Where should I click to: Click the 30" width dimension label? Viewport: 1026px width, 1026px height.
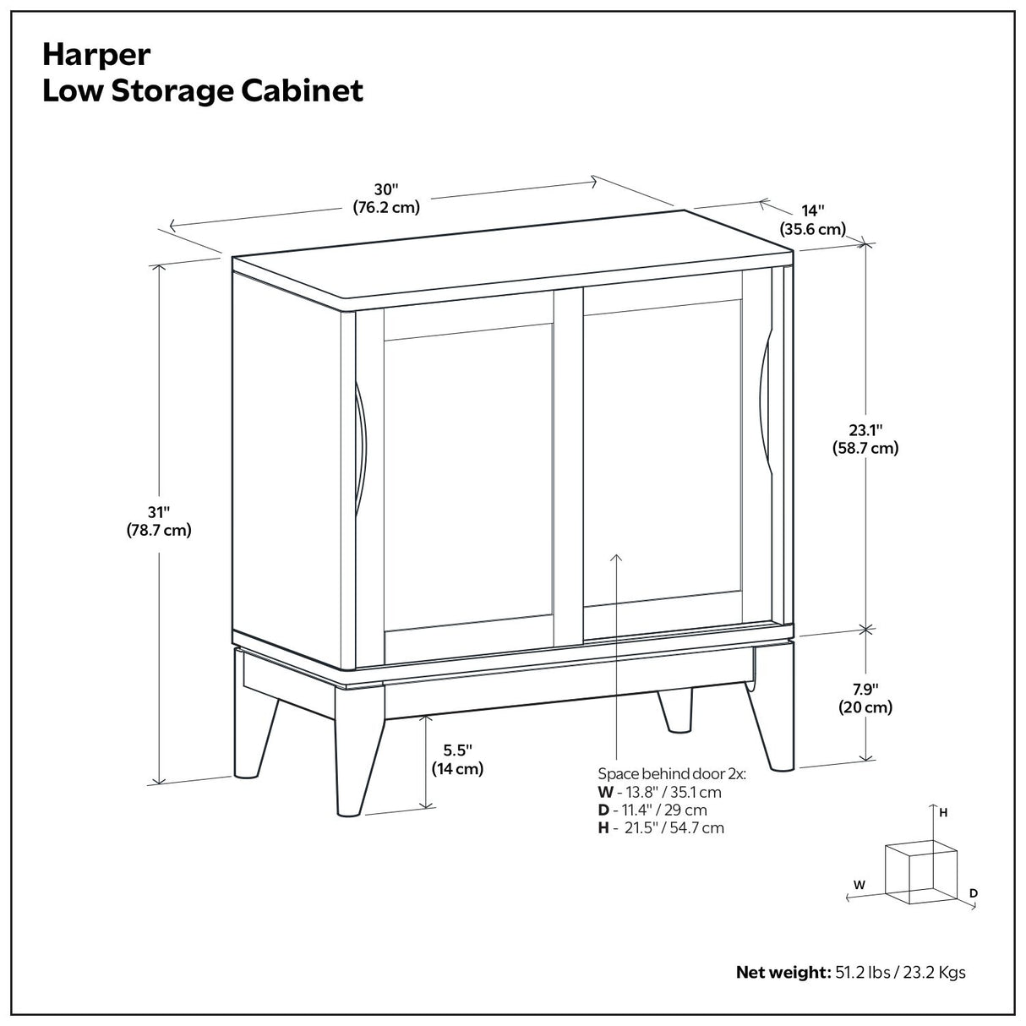tap(385, 199)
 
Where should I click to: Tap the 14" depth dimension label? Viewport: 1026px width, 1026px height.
tap(812, 220)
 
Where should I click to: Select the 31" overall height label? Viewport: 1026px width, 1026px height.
tap(159, 521)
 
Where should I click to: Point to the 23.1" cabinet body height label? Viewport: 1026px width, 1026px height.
tap(865, 439)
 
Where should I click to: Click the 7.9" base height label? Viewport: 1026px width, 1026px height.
tap(865, 699)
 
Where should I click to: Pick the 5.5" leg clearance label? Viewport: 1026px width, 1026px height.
tap(457, 759)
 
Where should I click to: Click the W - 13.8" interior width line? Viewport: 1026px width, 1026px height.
tap(659, 792)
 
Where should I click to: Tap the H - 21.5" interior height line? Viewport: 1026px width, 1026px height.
tap(661, 827)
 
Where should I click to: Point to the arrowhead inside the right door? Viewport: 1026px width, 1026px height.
tap(616, 559)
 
